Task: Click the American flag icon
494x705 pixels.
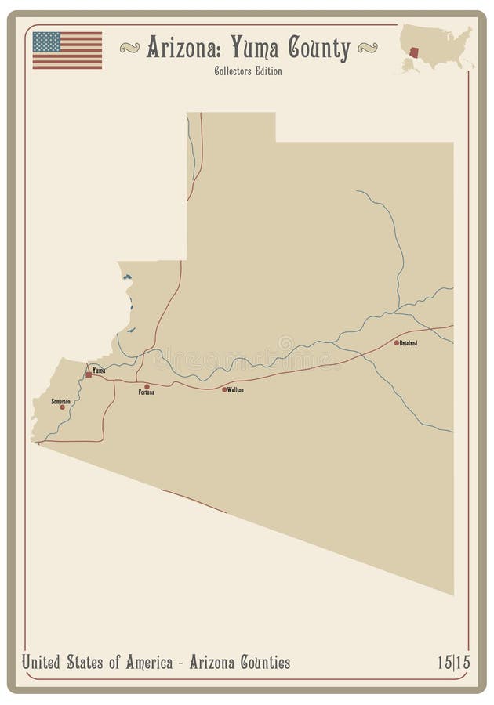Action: point(67,50)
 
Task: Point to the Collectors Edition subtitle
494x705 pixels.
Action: point(247,71)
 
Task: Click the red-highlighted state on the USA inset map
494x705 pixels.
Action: point(415,52)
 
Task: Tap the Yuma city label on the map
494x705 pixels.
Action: point(99,370)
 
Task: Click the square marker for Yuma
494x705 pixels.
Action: point(89,374)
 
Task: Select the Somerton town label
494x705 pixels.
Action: point(60,401)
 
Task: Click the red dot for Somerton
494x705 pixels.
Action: point(62,407)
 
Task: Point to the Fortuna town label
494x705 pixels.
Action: point(146,392)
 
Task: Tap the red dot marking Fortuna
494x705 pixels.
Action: point(147,386)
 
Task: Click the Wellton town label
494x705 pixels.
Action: point(235,389)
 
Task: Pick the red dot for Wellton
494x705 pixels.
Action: point(224,389)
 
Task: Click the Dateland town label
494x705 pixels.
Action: point(409,343)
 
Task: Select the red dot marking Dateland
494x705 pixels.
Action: point(397,342)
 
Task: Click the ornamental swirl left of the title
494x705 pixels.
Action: point(129,49)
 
